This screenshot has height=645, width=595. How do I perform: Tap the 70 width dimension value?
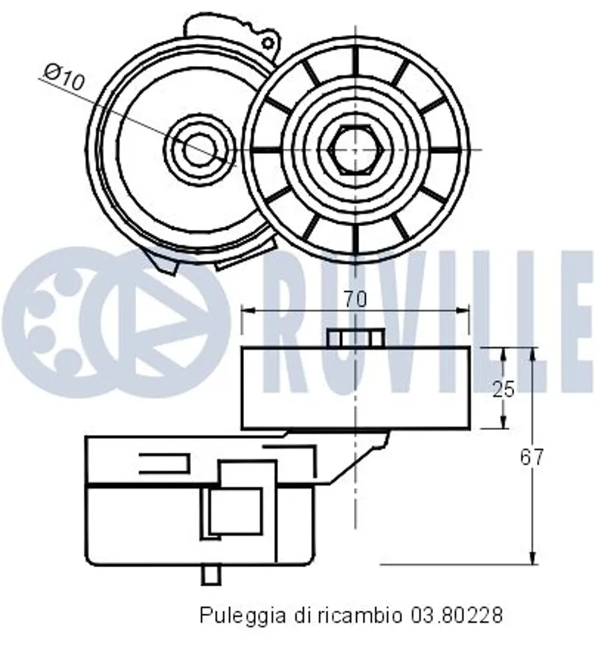tap(355, 299)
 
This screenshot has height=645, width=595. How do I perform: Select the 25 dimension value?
tap(504, 389)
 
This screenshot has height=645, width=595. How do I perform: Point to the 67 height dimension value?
tap(532, 457)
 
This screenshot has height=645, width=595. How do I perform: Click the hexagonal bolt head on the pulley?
tap(356, 150)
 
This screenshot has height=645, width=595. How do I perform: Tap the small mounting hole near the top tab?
tap(268, 42)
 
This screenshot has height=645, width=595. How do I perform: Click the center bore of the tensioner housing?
tap(199, 149)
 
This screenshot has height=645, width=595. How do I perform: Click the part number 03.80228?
tap(456, 615)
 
